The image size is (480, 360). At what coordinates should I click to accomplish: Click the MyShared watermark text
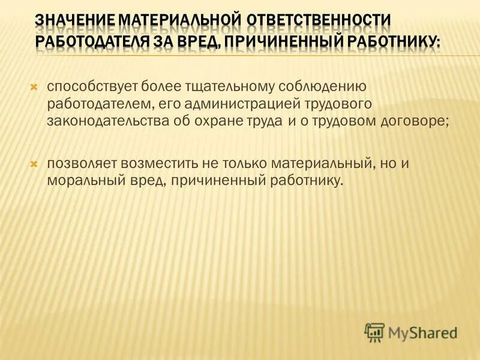[x=422, y=331]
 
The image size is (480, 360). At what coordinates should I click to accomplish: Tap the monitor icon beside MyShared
[x=374, y=331]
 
